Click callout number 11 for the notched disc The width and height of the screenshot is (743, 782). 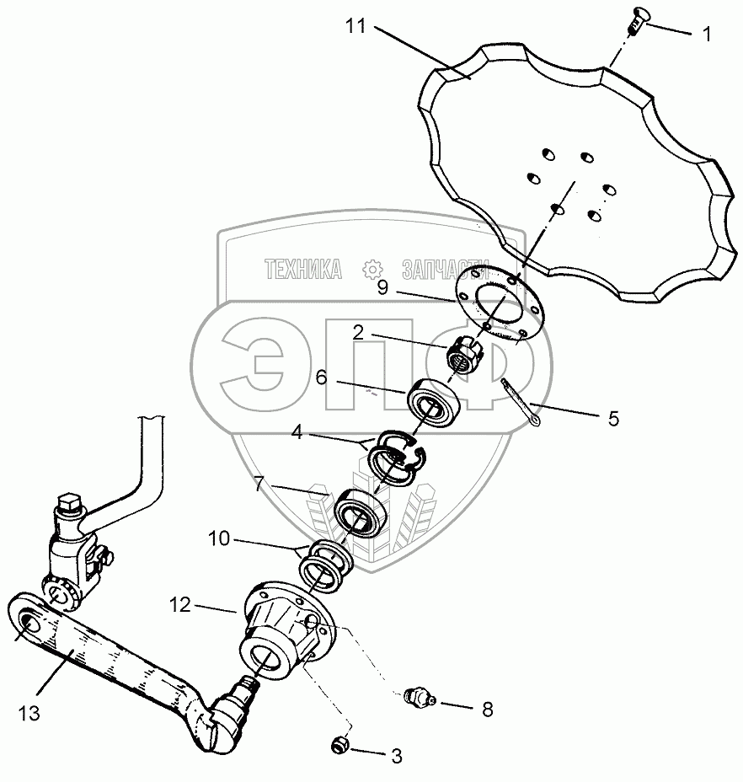355,25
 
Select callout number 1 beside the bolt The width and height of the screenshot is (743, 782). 707,35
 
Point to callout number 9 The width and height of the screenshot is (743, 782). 382,287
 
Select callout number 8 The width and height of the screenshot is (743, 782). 487,709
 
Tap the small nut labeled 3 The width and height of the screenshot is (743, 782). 340,745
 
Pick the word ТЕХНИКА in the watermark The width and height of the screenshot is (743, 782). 303,270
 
